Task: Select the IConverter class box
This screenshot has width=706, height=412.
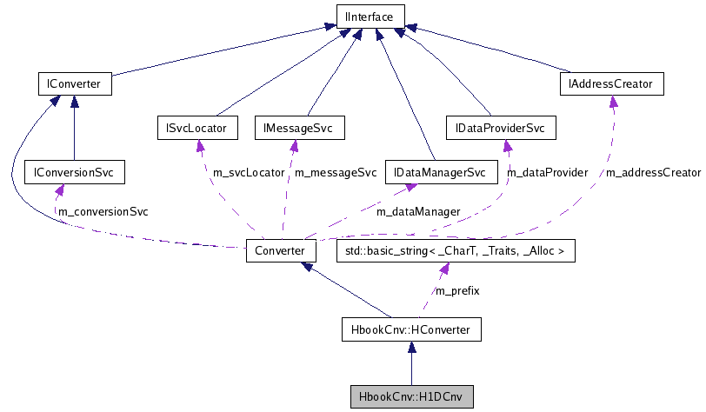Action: (70, 84)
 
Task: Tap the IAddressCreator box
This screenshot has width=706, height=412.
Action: (612, 84)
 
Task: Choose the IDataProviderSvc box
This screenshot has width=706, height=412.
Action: (500, 129)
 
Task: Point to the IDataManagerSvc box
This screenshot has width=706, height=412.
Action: (440, 173)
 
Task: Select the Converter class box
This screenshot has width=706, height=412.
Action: (280, 250)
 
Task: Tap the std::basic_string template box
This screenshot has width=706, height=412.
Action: (456, 250)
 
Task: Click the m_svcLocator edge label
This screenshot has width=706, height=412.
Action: (248, 173)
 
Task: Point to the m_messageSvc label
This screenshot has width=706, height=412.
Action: (336, 173)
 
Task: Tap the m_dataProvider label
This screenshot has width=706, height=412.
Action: (547, 173)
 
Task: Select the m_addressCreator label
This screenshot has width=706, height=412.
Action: (653, 173)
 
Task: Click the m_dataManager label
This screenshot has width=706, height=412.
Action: (418, 211)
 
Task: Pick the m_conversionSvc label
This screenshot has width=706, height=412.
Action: (103, 211)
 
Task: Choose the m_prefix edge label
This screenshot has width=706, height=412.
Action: (457, 290)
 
